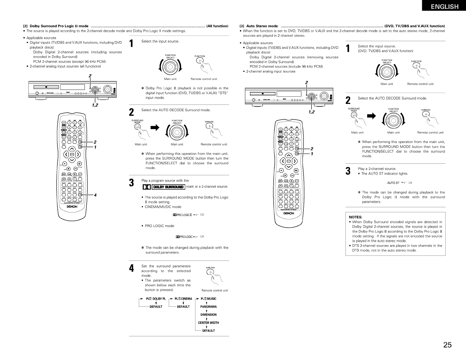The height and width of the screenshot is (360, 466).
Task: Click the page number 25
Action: [x=447, y=345]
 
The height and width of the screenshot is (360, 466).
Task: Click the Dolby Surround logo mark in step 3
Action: [x=163, y=187]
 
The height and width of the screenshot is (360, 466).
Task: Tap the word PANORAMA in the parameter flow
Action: [x=208, y=307]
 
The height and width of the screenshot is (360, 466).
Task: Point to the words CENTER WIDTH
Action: [x=208, y=323]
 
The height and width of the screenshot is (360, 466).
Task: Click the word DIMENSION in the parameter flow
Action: [x=208, y=315]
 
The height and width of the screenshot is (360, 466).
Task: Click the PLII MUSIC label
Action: [x=208, y=299]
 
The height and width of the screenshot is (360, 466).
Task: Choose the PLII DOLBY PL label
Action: [x=155, y=299]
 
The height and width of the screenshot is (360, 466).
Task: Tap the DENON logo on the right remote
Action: [x=289, y=213]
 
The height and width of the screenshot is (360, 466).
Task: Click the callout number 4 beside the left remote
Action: [x=95, y=195]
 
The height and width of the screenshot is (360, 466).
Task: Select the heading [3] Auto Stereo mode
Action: [x=258, y=26]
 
